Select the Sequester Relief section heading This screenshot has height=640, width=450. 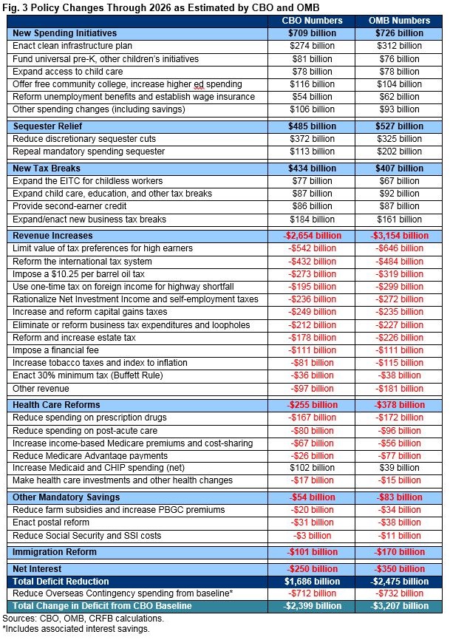[47, 126]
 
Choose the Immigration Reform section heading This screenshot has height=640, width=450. [54, 551]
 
